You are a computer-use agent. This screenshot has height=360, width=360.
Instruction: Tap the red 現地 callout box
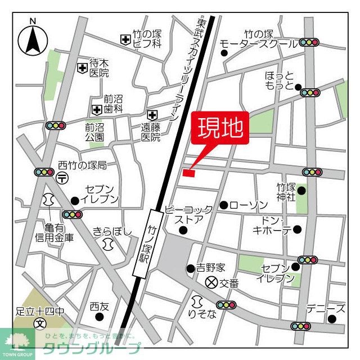coord(220,128)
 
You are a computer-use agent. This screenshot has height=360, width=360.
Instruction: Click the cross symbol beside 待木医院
coord(83,68)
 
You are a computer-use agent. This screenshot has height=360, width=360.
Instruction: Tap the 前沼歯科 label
coord(112,103)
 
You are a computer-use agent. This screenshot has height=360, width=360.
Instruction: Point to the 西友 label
coord(98,307)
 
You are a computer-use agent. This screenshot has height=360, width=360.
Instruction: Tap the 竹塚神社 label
coord(286,192)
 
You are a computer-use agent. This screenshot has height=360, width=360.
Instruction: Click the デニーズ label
coord(326,308)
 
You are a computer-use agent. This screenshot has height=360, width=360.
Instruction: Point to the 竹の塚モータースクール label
coord(259,39)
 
